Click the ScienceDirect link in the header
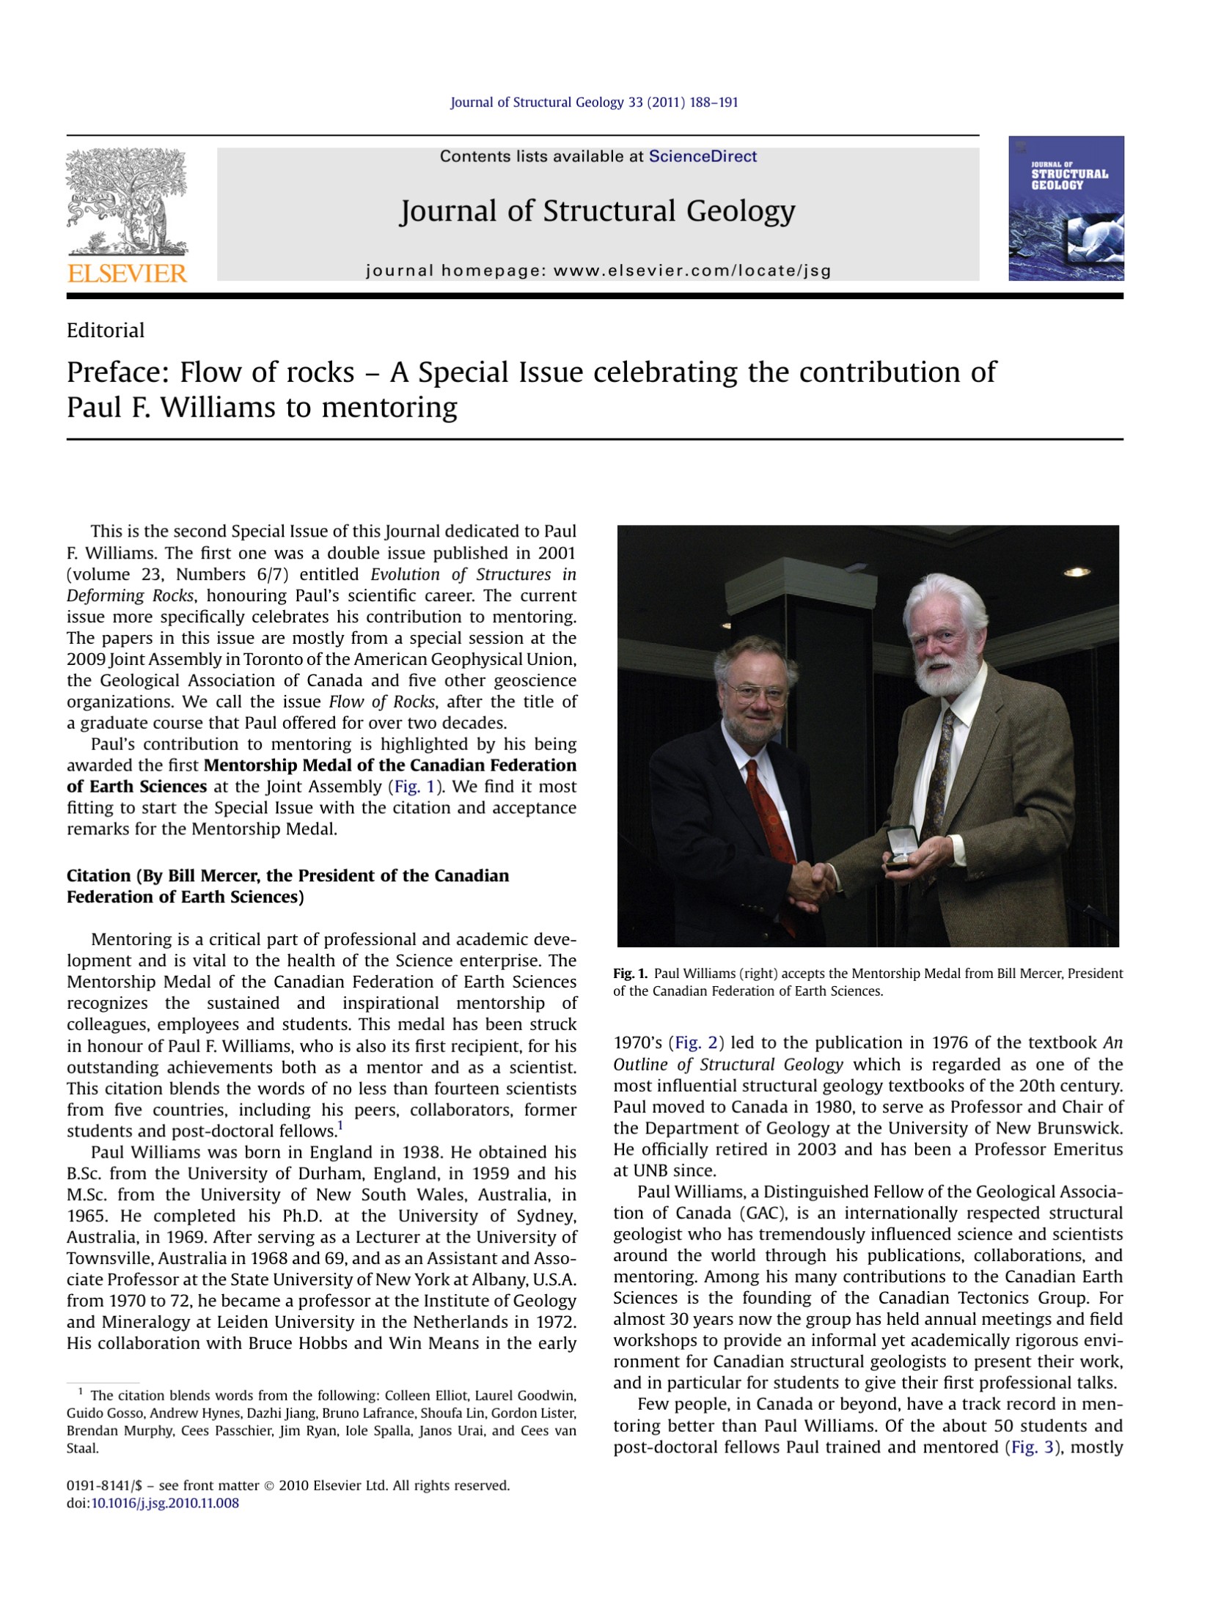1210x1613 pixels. point(702,156)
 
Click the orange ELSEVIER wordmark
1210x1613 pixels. point(127,273)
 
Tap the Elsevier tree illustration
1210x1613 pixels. point(127,202)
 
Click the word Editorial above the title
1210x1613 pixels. point(106,331)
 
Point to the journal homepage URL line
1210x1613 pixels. point(598,271)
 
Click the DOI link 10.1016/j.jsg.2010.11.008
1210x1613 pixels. point(165,1503)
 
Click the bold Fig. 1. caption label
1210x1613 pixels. point(630,974)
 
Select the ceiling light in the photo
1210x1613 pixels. point(1076,572)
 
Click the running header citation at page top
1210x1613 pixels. point(594,103)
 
